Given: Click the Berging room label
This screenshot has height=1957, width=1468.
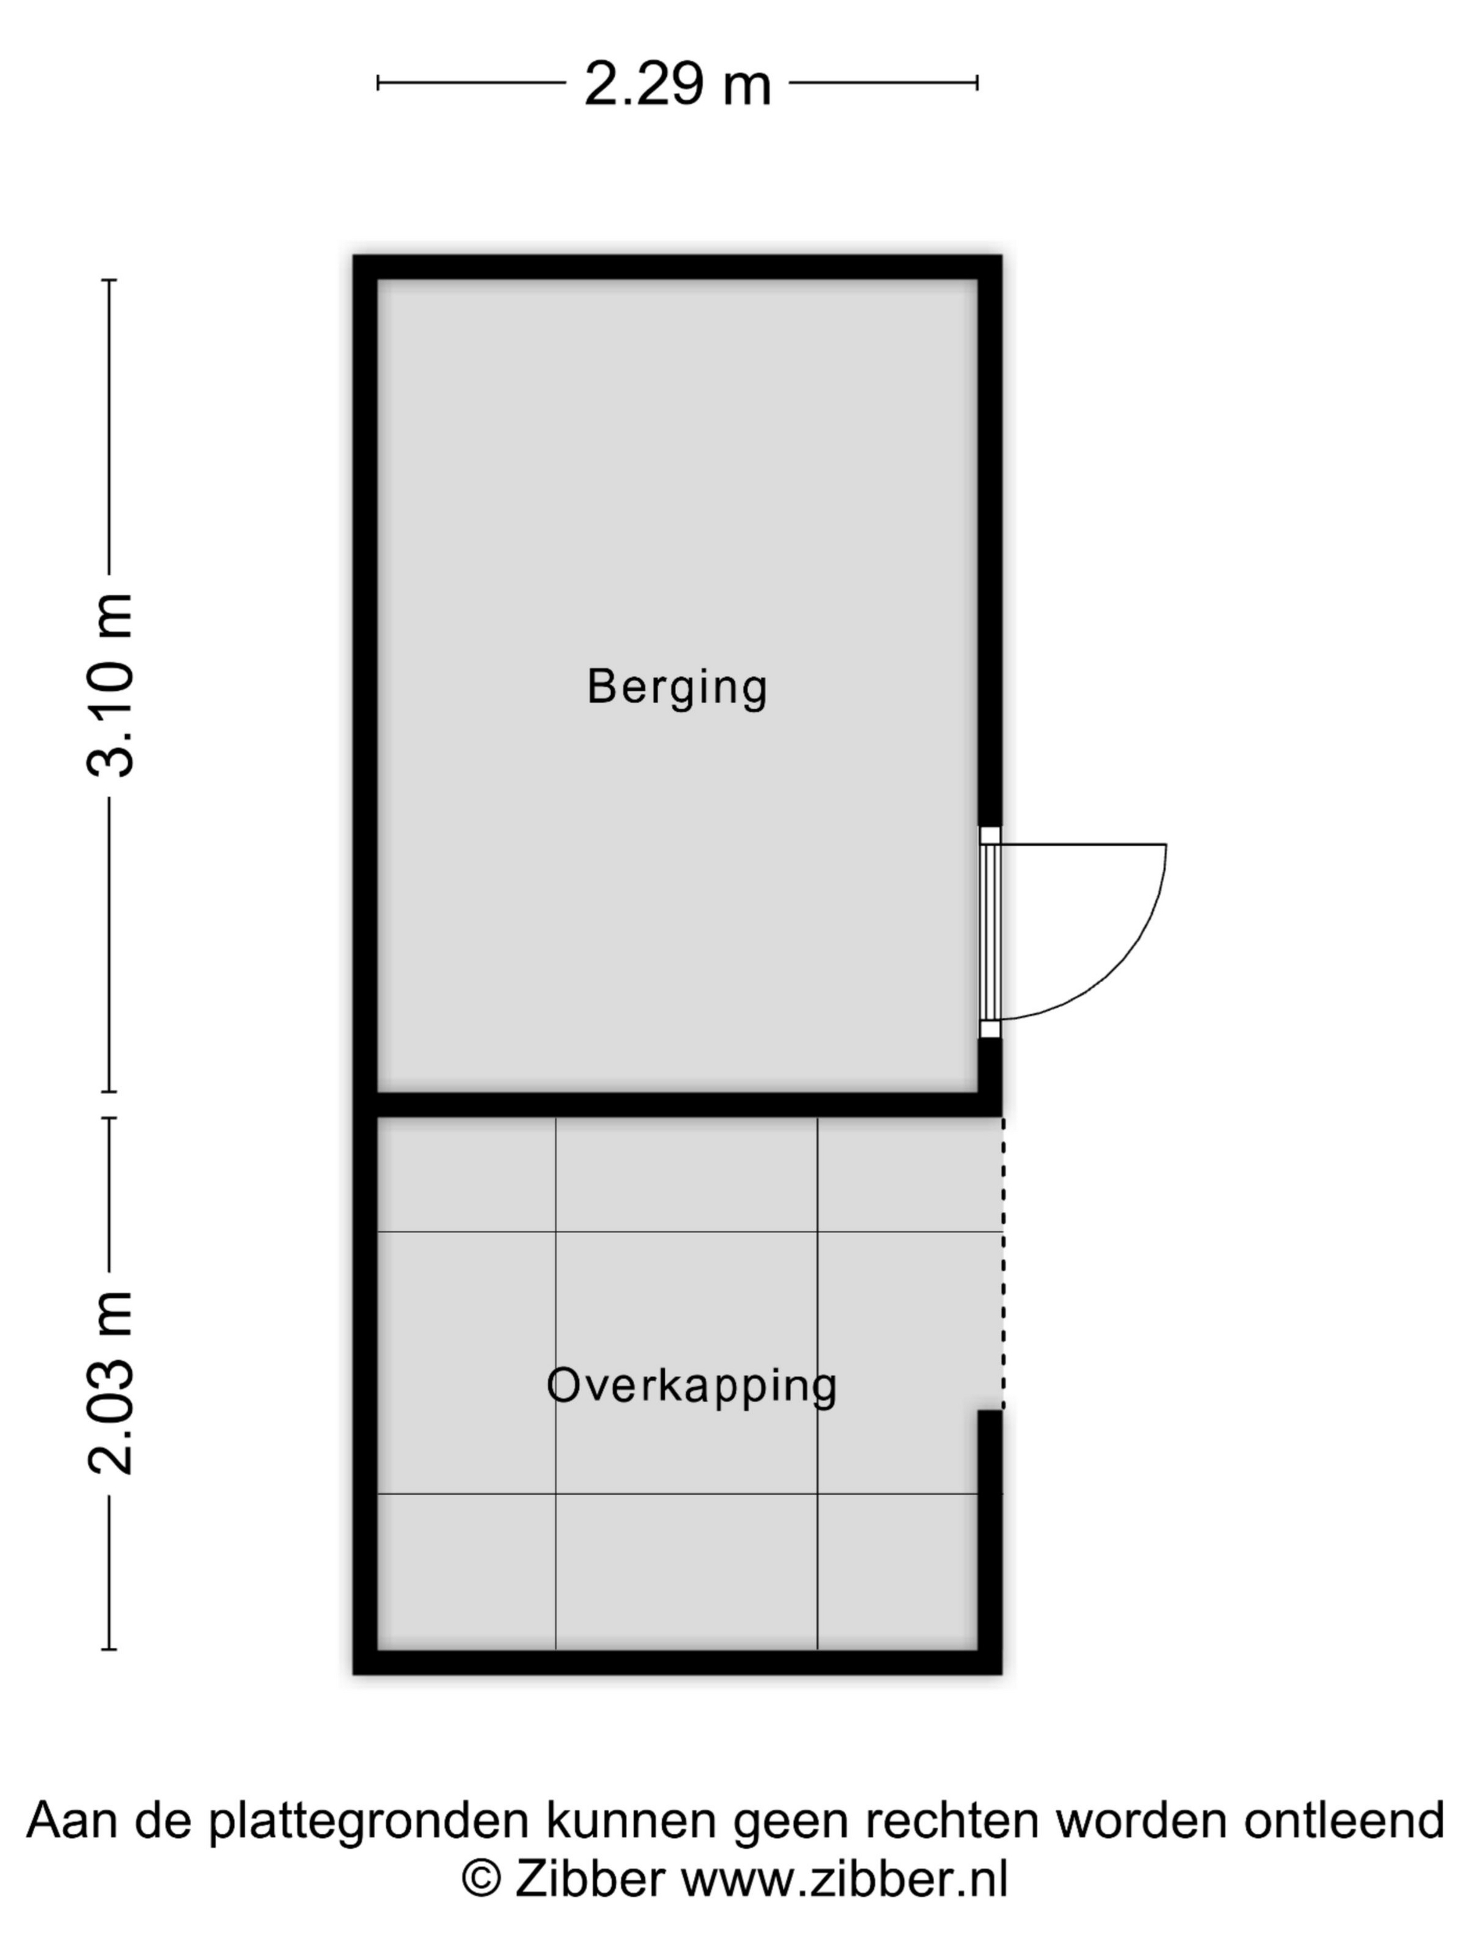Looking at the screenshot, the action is (677, 688).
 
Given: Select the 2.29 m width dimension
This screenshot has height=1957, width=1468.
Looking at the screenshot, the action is (678, 84).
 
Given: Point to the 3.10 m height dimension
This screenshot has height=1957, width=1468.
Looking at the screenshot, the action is (110, 686).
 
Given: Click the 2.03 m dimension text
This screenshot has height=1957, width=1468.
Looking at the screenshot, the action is (110, 1384).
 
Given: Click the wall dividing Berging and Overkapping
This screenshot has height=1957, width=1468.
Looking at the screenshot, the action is (678, 1104).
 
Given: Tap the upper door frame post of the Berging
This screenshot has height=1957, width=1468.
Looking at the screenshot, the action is (990, 836).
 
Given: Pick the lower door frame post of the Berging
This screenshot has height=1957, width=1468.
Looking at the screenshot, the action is (990, 1029).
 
